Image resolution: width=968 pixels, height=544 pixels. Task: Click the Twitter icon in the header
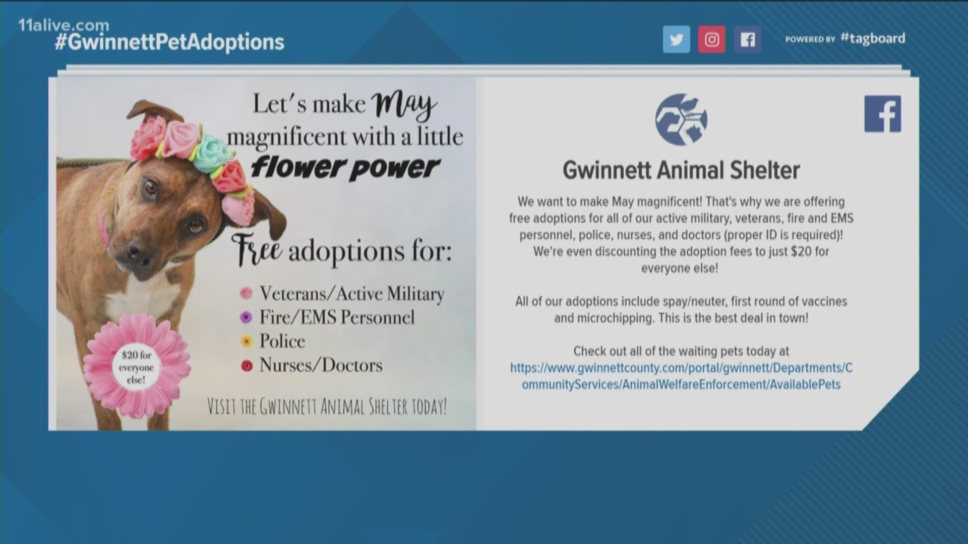676,39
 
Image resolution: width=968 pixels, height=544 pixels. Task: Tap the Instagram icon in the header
712,39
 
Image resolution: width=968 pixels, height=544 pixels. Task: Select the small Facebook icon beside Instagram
747,39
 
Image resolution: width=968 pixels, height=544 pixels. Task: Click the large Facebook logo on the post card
883,114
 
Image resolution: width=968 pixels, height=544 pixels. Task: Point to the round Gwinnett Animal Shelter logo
681,119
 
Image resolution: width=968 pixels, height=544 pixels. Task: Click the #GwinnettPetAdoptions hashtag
169,42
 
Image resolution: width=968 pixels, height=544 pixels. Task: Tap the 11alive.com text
64,25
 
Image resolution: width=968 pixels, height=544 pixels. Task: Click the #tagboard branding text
873,38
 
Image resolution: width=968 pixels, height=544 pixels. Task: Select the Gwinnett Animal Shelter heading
681,170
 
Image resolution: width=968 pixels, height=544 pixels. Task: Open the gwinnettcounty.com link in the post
681,376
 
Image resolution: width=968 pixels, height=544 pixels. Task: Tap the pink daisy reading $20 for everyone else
137,368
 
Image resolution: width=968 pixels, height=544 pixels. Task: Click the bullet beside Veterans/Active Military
246,293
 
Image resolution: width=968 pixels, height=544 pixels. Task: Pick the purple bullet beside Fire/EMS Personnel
246,317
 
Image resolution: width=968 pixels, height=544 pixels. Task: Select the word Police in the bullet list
282,341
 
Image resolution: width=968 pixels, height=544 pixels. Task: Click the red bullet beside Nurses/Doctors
247,366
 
